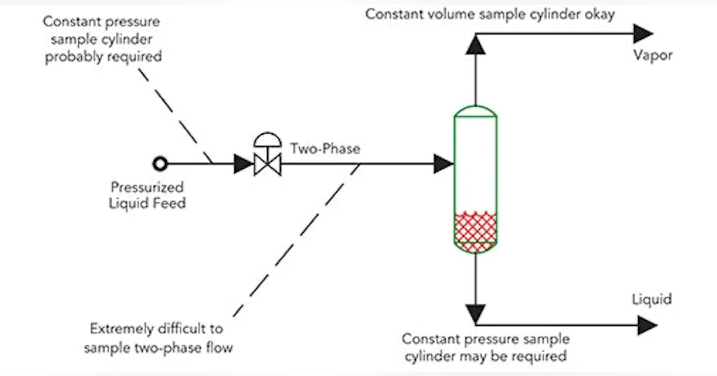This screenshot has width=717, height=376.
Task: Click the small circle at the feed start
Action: [160, 163]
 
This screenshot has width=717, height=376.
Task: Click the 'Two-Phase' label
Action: [325, 148]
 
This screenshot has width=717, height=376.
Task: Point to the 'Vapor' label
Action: [653, 56]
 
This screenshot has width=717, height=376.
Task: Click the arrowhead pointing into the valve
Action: [243, 163]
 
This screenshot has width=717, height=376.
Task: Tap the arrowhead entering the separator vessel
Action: [443, 162]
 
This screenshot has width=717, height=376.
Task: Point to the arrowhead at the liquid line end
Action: [646, 325]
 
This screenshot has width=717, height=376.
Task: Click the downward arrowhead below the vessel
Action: [476, 312]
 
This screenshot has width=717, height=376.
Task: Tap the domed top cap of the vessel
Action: [476, 112]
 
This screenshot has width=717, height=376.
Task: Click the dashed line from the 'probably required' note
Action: [176, 113]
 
